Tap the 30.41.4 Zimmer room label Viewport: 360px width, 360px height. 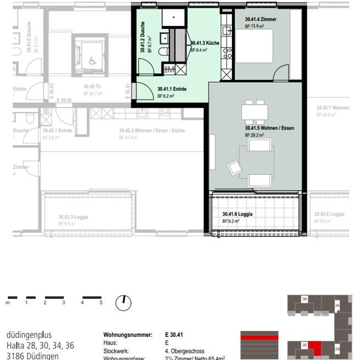coord(260,19)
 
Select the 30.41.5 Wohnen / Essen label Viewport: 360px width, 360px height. coord(269,128)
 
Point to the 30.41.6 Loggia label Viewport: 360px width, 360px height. coord(237,214)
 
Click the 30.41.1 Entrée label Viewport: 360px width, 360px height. coord(171,88)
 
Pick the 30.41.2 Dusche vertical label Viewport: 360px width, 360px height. coord(142,37)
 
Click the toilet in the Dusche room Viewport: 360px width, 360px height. coord(162,51)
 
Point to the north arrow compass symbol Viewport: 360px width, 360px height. coord(124,302)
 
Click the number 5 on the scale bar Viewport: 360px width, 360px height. coord(101,302)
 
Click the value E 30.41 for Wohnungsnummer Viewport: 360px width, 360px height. coord(174,334)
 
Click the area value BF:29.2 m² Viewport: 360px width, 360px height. coord(254,135)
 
